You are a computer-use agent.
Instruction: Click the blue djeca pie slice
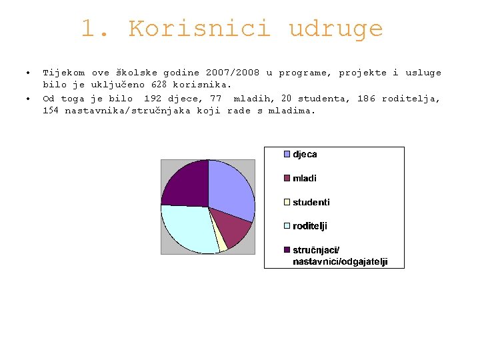click(x=230, y=187)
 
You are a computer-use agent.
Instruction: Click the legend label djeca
click(x=305, y=154)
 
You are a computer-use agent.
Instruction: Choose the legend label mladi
click(x=305, y=178)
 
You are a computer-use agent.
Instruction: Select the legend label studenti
click(x=311, y=202)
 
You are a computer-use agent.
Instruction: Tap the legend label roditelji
click(x=310, y=226)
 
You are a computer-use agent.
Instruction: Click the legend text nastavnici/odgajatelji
click(x=340, y=262)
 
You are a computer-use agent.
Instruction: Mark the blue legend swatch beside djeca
click(x=287, y=154)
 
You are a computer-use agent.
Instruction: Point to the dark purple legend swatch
click(x=287, y=250)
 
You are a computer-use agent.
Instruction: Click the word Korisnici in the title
click(x=199, y=29)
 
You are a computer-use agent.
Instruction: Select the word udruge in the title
click(x=335, y=29)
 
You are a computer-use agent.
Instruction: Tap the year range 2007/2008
click(x=233, y=73)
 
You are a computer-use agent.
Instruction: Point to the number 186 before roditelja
click(x=366, y=99)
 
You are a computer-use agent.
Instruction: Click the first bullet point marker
click(x=27, y=73)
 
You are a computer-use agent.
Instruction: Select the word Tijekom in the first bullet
click(x=64, y=73)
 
